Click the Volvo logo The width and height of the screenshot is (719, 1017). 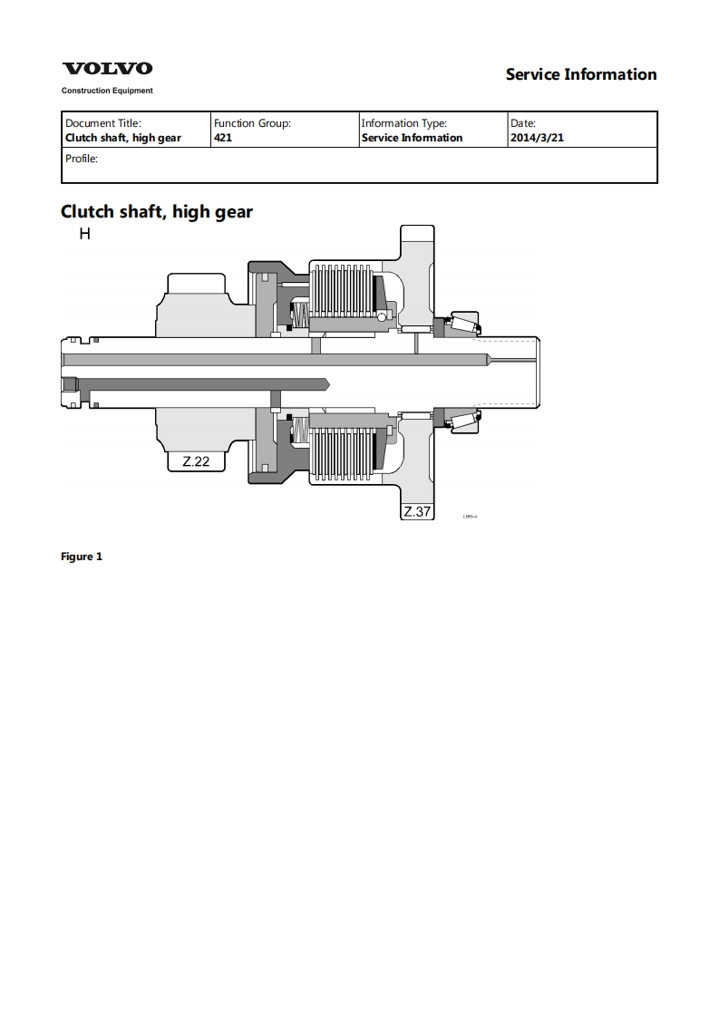[x=107, y=69]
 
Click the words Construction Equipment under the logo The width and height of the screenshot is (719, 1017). [x=107, y=91]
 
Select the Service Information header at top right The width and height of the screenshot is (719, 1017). [x=581, y=74]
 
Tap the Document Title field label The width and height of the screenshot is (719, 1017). [x=103, y=123]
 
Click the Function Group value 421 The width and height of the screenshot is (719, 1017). [x=223, y=138]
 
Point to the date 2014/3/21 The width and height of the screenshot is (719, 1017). [x=537, y=138]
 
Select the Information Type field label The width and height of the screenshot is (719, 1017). [x=403, y=123]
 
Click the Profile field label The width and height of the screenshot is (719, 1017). [x=81, y=158]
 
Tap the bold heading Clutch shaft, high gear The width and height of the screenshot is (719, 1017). [x=157, y=211]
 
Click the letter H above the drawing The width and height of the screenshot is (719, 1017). [x=84, y=234]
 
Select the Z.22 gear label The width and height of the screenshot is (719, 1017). [x=196, y=461]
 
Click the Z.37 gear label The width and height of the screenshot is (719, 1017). [x=417, y=511]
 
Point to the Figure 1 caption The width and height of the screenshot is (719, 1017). [x=82, y=557]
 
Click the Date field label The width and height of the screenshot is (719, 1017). [x=523, y=123]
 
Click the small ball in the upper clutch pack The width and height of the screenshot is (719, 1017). [x=383, y=316]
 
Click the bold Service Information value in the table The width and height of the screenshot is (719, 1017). [x=412, y=138]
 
